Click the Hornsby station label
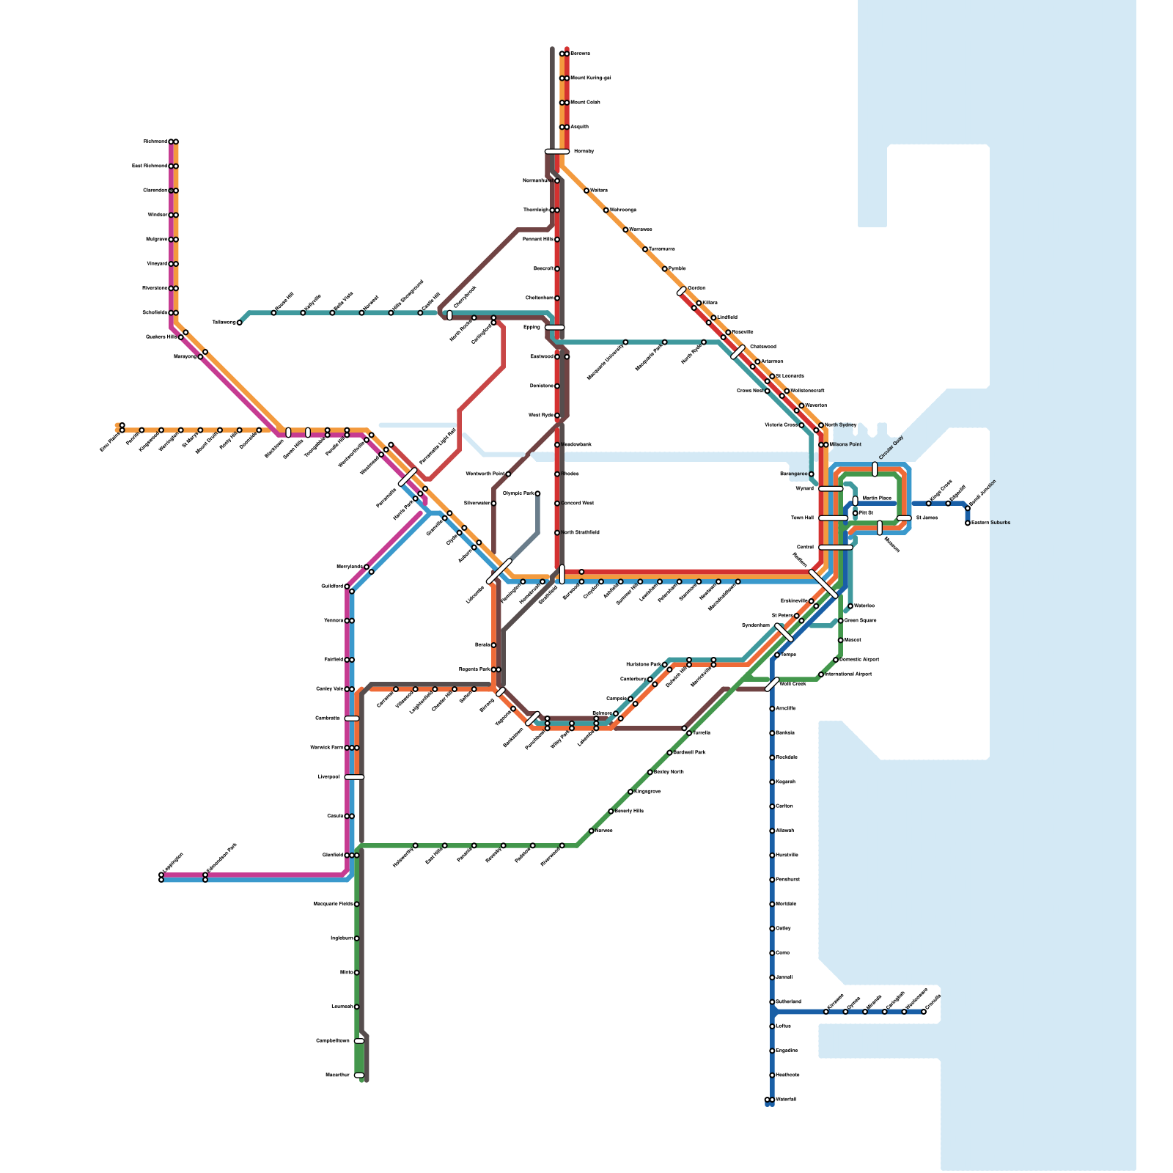(584, 152)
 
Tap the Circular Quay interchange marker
(875, 469)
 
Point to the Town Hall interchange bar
(834, 518)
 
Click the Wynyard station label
(804, 489)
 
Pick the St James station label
(927, 518)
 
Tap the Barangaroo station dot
(811, 474)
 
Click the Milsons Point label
(845, 445)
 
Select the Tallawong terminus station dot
(239, 323)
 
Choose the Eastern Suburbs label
(990, 523)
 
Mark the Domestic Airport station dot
(836, 660)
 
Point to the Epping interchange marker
(555, 328)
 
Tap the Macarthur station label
(337, 1075)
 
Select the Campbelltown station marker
(358, 1041)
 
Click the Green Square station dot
(840, 621)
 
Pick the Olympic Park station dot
(537, 493)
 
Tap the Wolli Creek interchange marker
(772, 685)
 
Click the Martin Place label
(877, 499)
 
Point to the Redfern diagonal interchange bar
(823, 584)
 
